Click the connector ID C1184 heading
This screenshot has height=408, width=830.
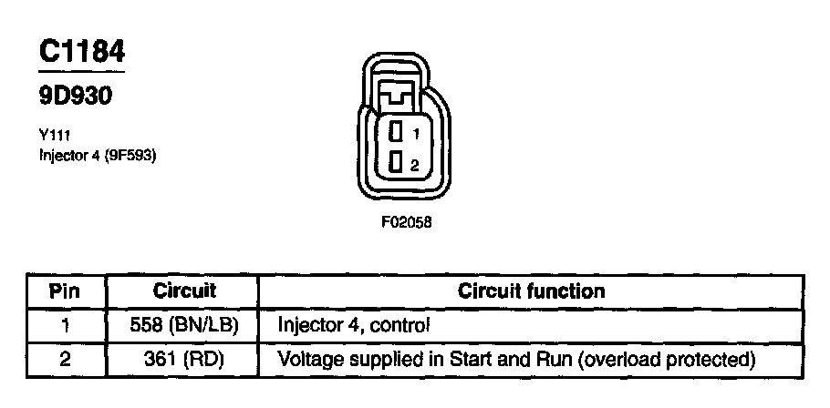point(80,52)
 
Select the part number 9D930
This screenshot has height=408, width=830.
point(75,95)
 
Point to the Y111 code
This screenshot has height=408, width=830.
point(54,135)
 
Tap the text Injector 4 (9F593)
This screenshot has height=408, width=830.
point(98,155)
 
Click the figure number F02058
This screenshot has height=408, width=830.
point(406,220)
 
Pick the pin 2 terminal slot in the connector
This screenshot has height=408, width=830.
point(396,164)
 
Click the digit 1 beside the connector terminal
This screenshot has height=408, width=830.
point(415,133)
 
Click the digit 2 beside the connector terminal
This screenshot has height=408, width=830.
point(415,165)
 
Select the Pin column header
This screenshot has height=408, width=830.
point(65,292)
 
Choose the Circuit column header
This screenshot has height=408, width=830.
point(183,292)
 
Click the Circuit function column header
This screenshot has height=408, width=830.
point(531,292)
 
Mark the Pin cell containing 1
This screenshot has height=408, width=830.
point(65,323)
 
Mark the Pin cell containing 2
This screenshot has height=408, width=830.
point(65,359)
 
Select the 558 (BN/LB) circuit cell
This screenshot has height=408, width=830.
point(183,323)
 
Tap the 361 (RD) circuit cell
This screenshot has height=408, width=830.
point(183,359)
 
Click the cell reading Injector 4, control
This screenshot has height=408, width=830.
point(352,323)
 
